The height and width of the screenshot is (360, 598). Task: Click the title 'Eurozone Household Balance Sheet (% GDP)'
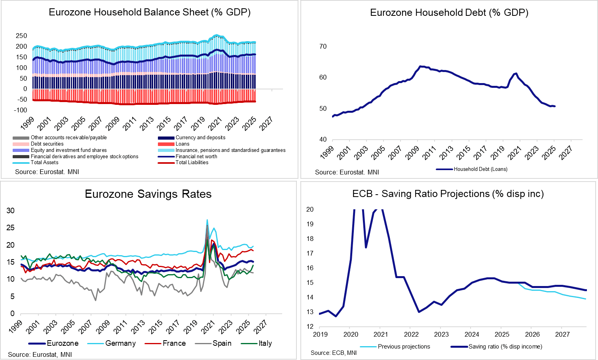150,12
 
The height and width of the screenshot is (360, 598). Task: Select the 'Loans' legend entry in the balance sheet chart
182,144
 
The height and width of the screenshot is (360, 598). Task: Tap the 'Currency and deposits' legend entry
200,138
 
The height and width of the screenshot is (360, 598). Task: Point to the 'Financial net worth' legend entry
196,157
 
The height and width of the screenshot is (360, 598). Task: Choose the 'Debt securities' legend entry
47,144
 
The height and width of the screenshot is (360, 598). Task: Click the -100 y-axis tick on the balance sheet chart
20,110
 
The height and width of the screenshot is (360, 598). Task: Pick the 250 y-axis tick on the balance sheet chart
21,36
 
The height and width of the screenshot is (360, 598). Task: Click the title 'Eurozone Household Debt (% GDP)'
449,13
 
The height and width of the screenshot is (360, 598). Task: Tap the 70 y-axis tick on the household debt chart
323,47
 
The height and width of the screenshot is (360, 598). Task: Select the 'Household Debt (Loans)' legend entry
480,169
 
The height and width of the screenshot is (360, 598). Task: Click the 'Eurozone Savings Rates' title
148,194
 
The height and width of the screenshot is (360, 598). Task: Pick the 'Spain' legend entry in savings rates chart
222,343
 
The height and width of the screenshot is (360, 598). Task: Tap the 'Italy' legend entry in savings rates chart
265,343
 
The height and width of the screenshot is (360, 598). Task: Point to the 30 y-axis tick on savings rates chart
11,211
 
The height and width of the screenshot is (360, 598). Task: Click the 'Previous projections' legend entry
404,347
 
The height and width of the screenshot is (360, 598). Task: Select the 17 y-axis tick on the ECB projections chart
310,254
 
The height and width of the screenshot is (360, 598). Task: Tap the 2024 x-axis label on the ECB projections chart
472,335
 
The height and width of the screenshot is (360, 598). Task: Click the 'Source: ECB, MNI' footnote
334,353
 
